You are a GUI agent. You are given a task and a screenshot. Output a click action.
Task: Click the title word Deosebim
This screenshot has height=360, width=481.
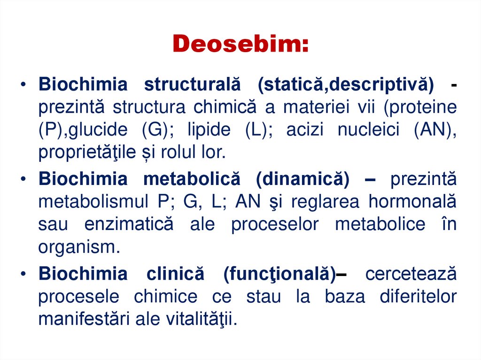(x=240, y=44)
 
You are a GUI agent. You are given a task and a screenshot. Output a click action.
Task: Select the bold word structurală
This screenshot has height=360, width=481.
(x=192, y=84)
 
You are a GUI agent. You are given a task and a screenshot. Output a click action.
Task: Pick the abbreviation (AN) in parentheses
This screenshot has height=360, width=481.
(x=435, y=130)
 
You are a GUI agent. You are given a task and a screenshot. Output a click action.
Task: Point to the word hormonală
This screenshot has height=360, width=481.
(x=412, y=202)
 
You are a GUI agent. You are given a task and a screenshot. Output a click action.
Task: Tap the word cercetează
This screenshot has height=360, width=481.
(x=411, y=274)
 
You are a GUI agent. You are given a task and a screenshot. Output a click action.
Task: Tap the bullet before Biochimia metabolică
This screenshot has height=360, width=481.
(x=23, y=179)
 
